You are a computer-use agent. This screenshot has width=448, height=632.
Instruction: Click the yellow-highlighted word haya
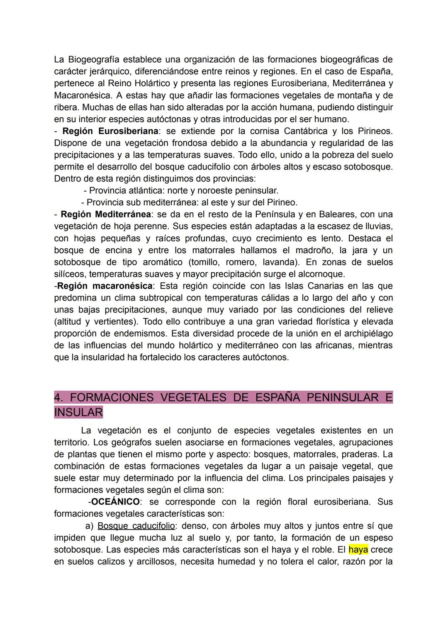click(358, 550)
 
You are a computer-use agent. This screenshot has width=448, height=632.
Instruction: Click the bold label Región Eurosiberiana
click(110, 131)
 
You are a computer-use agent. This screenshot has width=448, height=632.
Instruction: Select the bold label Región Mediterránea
click(105, 215)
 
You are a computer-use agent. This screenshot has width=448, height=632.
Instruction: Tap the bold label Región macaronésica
click(105, 286)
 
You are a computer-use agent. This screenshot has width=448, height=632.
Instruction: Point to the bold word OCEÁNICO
click(115, 502)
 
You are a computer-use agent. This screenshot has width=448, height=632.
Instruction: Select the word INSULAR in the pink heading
click(78, 413)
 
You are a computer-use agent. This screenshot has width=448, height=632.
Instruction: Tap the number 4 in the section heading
click(58, 398)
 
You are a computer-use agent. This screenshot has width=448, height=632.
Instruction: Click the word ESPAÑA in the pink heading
click(278, 398)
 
